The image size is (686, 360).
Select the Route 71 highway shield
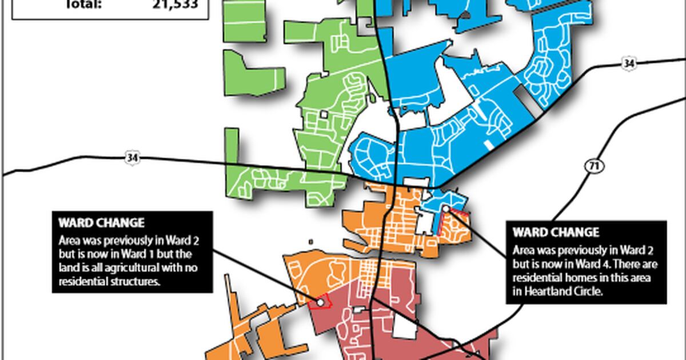tap(591, 166)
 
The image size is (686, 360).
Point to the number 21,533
tap(175, 5)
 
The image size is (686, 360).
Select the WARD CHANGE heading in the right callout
tap(556, 233)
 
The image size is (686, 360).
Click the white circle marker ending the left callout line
tap(321, 302)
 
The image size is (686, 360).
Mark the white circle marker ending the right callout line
tap(446, 209)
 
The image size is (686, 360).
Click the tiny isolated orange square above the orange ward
tap(311, 242)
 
